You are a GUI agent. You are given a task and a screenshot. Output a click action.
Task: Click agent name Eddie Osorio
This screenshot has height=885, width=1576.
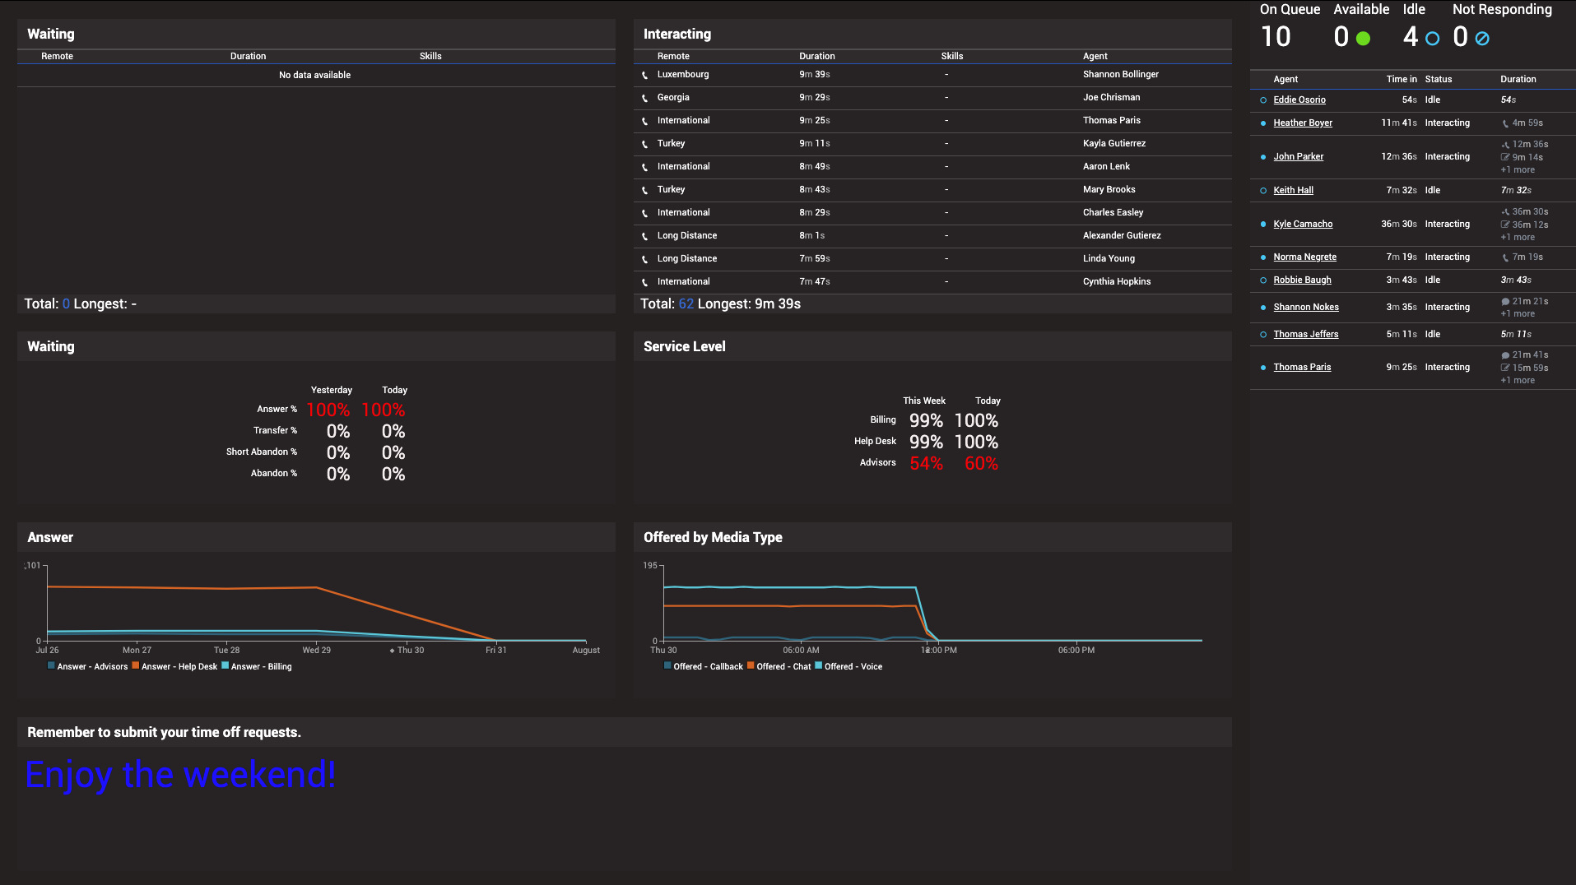pos(1299,100)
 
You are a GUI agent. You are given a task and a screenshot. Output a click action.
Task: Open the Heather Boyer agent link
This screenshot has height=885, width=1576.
pos(1302,123)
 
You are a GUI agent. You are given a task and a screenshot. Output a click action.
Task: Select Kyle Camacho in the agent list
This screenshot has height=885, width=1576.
pos(1302,224)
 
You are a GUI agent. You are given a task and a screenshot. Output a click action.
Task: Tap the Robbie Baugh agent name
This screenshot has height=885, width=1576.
pos(1301,280)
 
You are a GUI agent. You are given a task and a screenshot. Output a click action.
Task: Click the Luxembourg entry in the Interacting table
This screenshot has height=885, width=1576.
pos(682,74)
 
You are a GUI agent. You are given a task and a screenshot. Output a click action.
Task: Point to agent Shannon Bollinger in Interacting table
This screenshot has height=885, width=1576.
pos(1120,74)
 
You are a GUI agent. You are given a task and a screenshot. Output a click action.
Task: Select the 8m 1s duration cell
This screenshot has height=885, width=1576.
pos(811,235)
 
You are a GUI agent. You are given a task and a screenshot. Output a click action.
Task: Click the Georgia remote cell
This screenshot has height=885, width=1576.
pos(672,97)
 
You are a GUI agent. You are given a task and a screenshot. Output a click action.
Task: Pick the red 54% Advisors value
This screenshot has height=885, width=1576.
pos(926,464)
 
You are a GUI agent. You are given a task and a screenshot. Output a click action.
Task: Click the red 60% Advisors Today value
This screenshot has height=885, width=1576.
pos(981,464)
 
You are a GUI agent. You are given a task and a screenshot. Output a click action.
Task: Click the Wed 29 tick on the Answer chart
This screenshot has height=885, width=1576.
pos(316,650)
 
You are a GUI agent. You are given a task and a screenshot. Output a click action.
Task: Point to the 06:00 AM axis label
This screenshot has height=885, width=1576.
pos(801,650)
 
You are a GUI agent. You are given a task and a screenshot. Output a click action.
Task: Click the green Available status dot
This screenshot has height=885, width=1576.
pos(1363,39)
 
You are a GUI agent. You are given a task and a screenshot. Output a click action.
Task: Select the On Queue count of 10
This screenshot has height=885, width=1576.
pos(1276,37)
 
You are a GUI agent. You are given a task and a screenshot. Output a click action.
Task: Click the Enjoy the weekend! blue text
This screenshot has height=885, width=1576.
pos(180,775)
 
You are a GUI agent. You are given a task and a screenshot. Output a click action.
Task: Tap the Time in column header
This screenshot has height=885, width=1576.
pos(1401,79)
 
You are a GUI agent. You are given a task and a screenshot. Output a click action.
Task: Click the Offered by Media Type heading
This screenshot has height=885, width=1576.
pos(713,537)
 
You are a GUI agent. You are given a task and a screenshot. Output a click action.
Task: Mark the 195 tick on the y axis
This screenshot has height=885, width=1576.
pos(650,566)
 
